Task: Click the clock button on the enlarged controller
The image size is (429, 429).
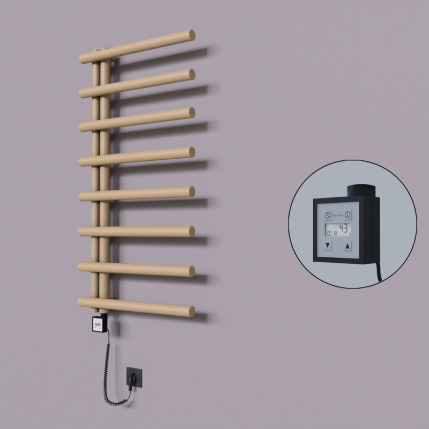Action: (328, 215)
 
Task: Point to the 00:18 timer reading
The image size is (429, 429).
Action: (330, 233)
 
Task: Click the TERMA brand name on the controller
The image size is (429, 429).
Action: (338, 214)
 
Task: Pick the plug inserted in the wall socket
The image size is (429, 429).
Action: (131, 379)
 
